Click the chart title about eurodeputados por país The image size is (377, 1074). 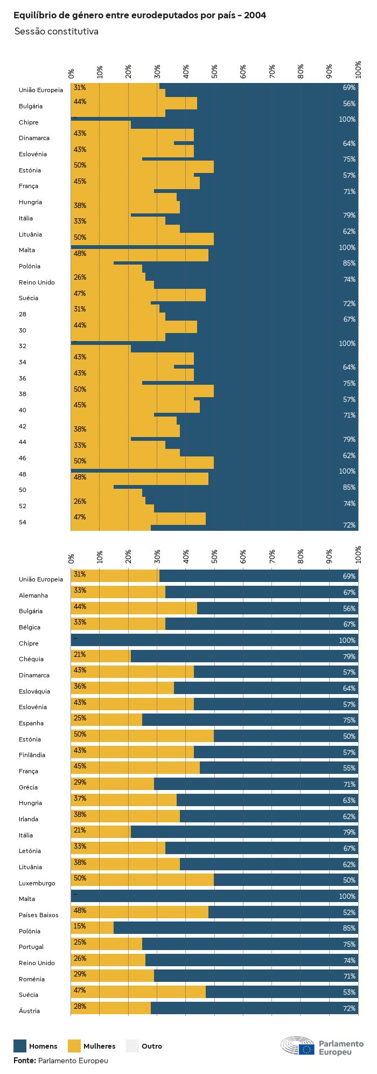coord(139,16)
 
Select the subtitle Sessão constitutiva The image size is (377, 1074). coord(56,32)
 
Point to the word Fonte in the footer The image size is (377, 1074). coord(24,1061)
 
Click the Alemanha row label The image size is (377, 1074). coord(33,595)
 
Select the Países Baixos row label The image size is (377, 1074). coord(38,915)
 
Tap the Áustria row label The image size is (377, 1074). coord(30,1011)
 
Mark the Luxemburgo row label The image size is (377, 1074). coord(37,883)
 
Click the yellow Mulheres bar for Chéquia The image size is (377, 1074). coord(101,656)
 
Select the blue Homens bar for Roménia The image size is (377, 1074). coord(256,975)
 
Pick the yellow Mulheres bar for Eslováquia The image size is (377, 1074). coord(122,688)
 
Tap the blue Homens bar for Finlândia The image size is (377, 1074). coord(276,752)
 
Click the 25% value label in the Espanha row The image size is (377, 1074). coord(80,718)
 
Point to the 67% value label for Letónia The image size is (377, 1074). coord(349,849)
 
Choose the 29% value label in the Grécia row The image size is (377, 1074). coord(80,782)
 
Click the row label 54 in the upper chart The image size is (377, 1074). coord(23,522)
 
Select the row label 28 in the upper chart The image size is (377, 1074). coord(23,314)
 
